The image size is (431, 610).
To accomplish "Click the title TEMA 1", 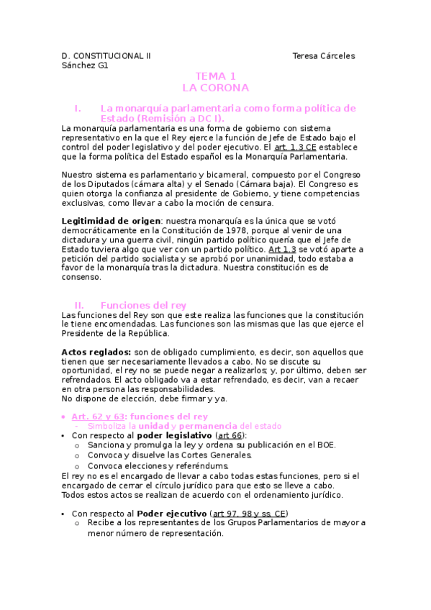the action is pyautogui.click(x=215, y=76).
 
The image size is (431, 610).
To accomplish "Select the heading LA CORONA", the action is pyautogui.click(x=215, y=88).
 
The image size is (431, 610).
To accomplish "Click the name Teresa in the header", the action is pyautogui.click(x=307, y=56).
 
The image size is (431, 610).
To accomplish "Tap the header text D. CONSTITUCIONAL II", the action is pyautogui.click(x=106, y=56).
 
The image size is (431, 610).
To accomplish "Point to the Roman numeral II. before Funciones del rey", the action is pyautogui.click(x=81, y=305).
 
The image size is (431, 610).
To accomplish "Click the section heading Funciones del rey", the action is pyautogui.click(x=143, y=305).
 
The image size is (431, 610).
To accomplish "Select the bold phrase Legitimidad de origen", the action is pyautogui.click(x=112, y=220).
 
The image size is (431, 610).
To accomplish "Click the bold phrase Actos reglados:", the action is pyautogui.click(x=96, y=352).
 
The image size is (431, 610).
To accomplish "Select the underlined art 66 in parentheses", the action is pyautogui.click(x=230, y=435).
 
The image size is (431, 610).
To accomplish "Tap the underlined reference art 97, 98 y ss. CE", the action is pyautogui.click(x=250, y=513).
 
